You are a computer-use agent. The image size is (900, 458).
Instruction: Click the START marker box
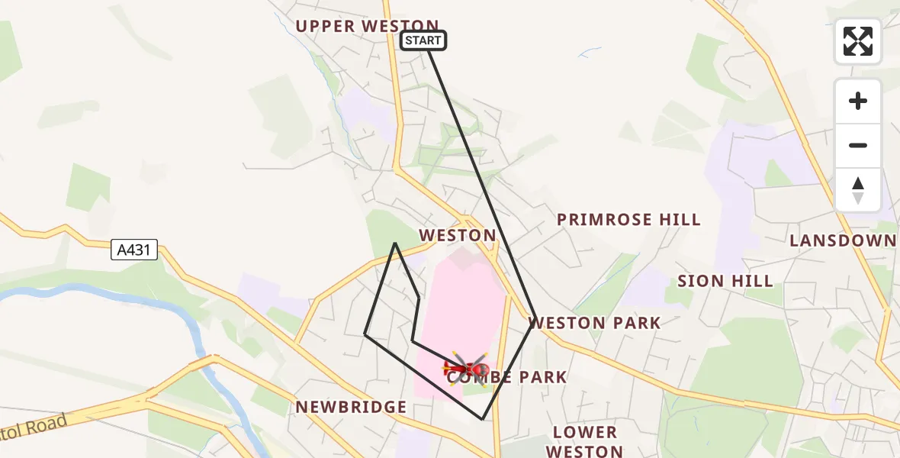[x=423, y=40]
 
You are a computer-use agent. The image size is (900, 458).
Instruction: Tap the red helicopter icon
[x=466, y=369]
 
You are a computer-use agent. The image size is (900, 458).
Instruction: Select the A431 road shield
[x=134, y=250]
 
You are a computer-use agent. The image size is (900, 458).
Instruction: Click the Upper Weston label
[x=367, y=26]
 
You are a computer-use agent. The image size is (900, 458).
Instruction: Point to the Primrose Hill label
[x=628, y=220]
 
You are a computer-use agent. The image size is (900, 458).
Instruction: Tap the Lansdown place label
[x=843, y=241]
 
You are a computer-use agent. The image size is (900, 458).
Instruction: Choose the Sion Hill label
[x=725, y=281]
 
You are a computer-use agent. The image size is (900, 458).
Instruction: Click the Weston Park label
[x=595, y=323]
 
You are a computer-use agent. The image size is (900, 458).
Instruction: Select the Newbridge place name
[x=352, y=407]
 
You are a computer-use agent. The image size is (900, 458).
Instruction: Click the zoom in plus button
[x=858, y=101]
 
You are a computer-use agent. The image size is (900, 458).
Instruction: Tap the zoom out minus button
[x=858, y=145]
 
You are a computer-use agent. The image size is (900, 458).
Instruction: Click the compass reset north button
[x=858, y=190]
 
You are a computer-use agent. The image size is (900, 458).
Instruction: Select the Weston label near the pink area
[x=458, y=235]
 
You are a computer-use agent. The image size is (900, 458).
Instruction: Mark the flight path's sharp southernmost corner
[x=482, y=419]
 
